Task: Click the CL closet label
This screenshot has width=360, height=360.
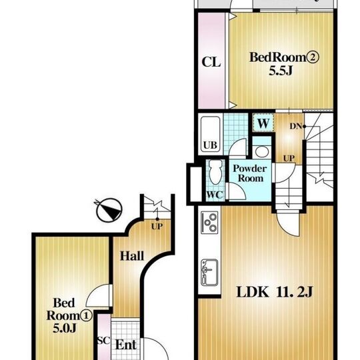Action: tap(211, 62)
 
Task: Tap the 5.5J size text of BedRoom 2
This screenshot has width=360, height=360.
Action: tap(281, 71)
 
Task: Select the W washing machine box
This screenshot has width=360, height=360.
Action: tap(263, 123)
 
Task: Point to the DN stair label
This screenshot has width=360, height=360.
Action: tap(296, 126)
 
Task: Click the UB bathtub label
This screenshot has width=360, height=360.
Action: tap(210, 145)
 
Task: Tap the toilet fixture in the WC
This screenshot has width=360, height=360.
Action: tap(215, 172)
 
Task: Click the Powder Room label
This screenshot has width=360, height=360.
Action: tap(250, 173)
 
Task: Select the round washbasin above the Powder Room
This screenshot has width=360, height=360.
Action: tap(262, 151)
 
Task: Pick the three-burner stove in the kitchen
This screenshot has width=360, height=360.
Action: tap(209, 223)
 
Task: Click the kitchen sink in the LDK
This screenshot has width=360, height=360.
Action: tap(209, 273)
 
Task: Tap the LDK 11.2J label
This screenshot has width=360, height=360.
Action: tap(275, 292)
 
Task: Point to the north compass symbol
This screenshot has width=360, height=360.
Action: tap(109, 210)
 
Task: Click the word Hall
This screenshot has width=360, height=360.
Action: tap(132, 256)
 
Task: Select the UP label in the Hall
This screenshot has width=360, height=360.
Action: tap(157, 227)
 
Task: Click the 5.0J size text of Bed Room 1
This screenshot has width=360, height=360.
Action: tap(65, 328)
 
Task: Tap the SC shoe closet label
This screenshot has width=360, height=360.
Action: tap(104, 341)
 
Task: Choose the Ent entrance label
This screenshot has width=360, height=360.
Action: tap(126, 345)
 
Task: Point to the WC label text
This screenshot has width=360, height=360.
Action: tap(215, 195)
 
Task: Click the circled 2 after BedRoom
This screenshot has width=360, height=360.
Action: tap(313, 57)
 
